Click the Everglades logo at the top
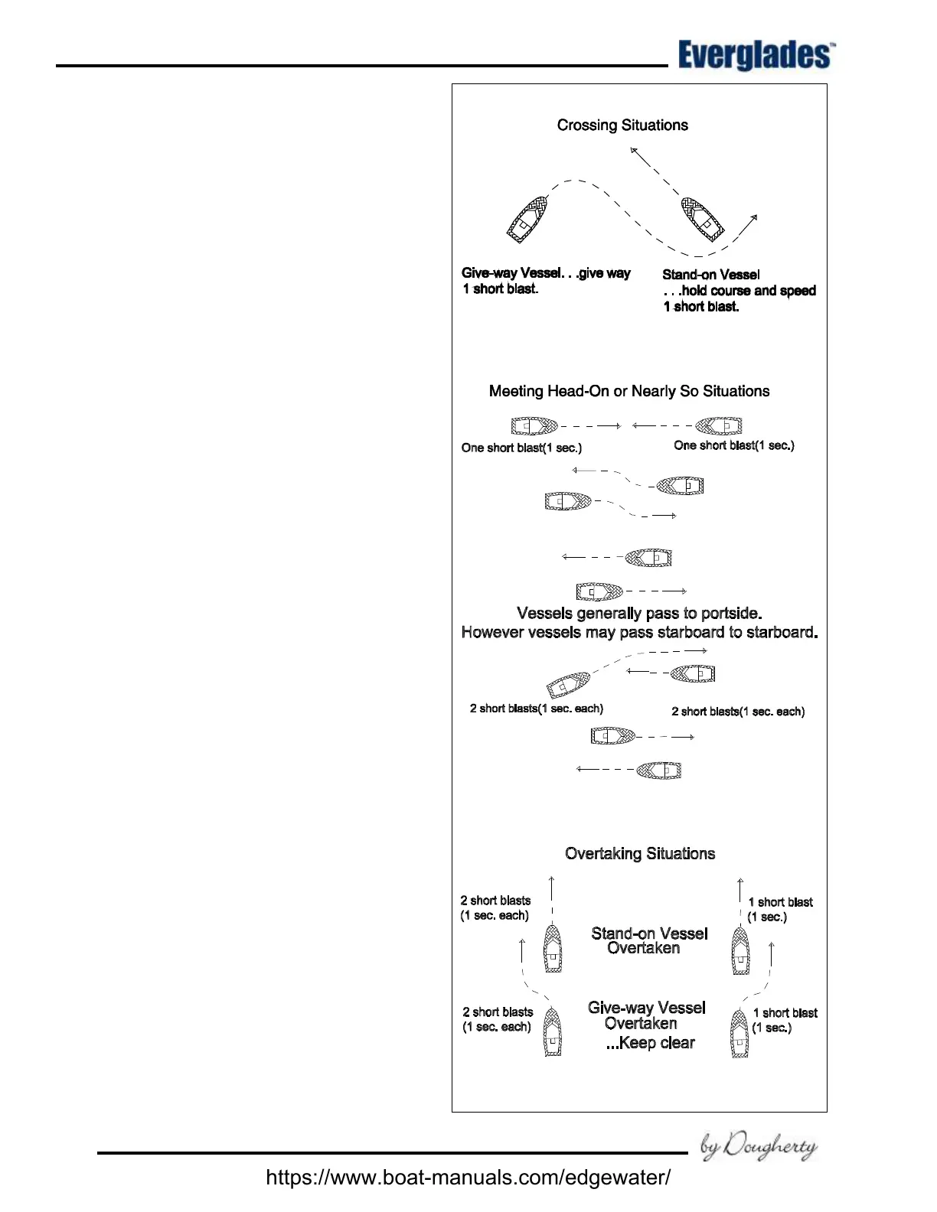click(x=755, y=56)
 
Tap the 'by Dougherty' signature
click(x=759, y=1146)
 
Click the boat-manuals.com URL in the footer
click(x=468, y=1177)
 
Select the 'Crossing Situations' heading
click(x=622, y=125)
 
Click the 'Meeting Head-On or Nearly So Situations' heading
click(x=629, y=392)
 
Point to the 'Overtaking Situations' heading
click(x=640, y=854)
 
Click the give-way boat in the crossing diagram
click(x=527, y=220)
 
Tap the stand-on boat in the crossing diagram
click(x=703, y=219)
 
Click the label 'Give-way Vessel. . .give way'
click(x=546, y=273)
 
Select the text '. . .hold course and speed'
click(x=739, y=291)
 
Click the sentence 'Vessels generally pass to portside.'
click(x=639, y=614)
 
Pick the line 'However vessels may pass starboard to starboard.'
click(x=639, y=633)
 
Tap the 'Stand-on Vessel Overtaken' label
click(x=648, y=941)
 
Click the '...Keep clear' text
click(x=650, y=1043)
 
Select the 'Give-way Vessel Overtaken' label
click(x=646, y=1015)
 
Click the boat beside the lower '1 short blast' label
click(x=739, y=1034)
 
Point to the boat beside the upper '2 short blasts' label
click(x=552, y=949)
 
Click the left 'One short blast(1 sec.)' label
click(x=521, y=448)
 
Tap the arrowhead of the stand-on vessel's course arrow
click(x=632, y=150)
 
